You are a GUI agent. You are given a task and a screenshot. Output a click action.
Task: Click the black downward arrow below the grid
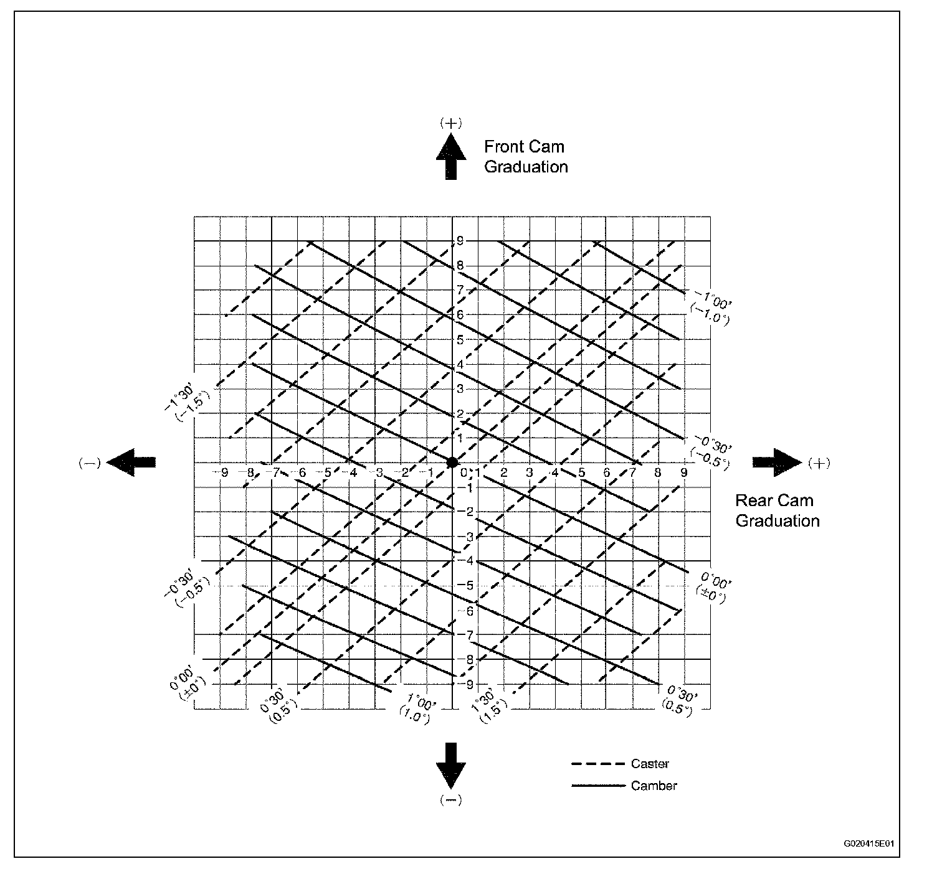(x=450, y=765)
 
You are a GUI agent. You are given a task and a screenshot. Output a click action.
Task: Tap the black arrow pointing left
(x=131, y=462)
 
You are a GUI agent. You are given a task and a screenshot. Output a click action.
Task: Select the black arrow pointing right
(x=776, y=462)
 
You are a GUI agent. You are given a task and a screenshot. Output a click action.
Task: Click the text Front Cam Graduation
(x=525, y=157)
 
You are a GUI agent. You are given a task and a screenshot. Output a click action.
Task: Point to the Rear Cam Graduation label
(x=777, y=510)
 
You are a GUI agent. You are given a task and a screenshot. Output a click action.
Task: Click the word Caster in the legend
(x=650, y=764)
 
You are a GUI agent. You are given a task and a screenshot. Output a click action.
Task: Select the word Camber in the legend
(x=654, y=786)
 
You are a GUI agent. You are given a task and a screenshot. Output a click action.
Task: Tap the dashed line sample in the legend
(x=597, y=764)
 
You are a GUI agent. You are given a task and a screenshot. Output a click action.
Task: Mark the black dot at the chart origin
(x=452, y=462)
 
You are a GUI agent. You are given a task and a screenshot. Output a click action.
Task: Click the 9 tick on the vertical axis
(x=460, y=241)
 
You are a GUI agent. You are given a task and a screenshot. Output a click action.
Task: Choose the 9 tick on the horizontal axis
(x=683, y=472)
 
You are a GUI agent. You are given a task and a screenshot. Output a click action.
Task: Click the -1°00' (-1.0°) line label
(x=710, y=307)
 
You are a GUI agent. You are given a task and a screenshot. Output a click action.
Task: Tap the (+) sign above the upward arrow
(x=450, y=123)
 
